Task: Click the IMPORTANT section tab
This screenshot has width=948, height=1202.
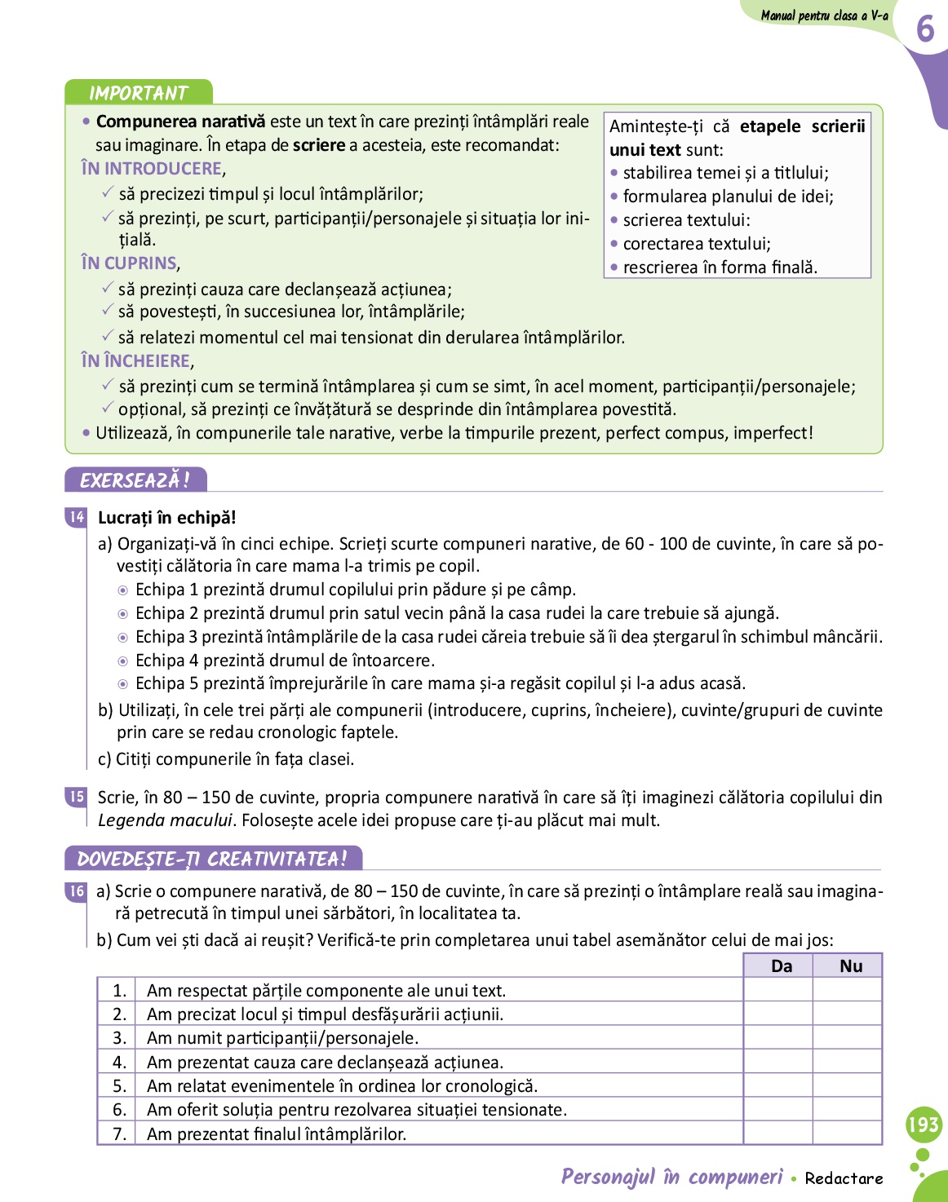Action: [x=139, y=92]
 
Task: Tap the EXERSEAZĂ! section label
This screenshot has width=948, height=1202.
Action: [x=135, y=480]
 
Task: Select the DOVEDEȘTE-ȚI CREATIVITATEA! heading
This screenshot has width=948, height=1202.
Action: [x=213, y=859]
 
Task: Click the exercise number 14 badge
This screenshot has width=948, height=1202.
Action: [x=77, y=517]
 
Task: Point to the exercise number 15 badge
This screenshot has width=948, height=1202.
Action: [x=77, y=797]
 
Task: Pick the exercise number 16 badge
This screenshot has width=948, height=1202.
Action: [x=77, y=891]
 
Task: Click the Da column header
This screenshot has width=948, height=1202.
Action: [x=781, y=966]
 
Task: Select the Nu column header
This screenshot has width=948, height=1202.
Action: [x=850, y=966]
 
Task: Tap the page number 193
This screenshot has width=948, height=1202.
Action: [x=924, y=1125]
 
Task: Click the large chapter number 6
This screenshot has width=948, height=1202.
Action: [x=925, y=29]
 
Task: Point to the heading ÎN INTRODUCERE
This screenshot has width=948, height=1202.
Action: [x=152, y=169]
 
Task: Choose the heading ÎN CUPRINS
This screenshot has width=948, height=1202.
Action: [x=129, y=263]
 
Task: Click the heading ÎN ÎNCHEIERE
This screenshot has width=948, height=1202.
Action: [x=135, y=361]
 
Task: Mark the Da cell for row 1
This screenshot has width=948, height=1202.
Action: [x=778, y=990]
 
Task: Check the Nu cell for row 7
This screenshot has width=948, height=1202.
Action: [x=848, y=1134]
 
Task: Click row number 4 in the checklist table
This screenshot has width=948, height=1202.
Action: [x=119, y=1062]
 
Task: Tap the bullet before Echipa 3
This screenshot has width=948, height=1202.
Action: [x=123, y=638]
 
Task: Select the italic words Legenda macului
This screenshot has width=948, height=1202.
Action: [x=165, y=820]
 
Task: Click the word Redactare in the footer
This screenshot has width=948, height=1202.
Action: [x=844, y=1178]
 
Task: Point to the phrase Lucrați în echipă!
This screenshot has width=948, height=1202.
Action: [x=166, y=518]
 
